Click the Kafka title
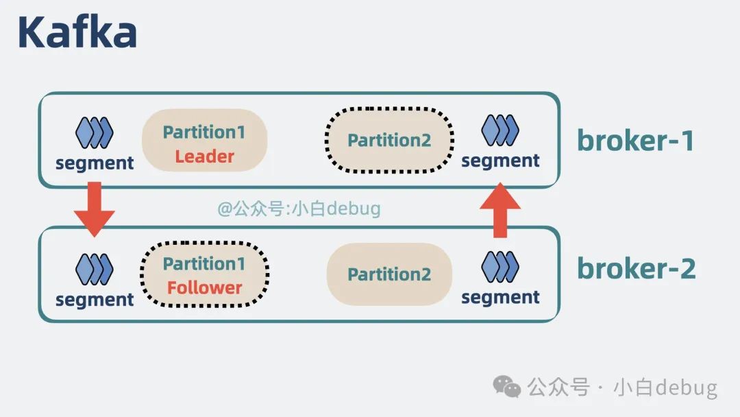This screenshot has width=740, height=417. click(x=77, y=32)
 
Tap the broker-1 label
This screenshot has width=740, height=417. click(x=636, y=141)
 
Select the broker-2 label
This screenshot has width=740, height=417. click(x=636, y=268)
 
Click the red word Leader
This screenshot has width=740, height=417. click(x=204, y=156)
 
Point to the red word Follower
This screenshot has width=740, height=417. click(x=204, y=287)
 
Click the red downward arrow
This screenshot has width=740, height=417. click(x=94, y=208)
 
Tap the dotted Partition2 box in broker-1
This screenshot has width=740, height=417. click(x=388, y=140)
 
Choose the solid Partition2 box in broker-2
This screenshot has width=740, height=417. click(x=388, y=274)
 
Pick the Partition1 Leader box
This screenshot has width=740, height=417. click(x=204, y=141)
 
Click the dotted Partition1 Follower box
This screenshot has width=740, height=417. click(x=204, y=274)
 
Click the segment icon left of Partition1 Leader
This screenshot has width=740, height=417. click(x=94, y=132)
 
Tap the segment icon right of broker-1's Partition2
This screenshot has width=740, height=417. click(x=500, y=130)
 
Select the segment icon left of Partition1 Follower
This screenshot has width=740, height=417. click(x=94, y=269)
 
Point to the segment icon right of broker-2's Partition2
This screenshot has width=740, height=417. click(x=500, y=267)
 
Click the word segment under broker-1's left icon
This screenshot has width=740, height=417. click(x=95, y=163)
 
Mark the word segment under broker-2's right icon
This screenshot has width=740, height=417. click(x=500, y=297)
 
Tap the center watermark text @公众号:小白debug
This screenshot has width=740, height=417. click(x=299, y=208)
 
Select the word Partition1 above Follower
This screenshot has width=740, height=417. click(x=204, y=263)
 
